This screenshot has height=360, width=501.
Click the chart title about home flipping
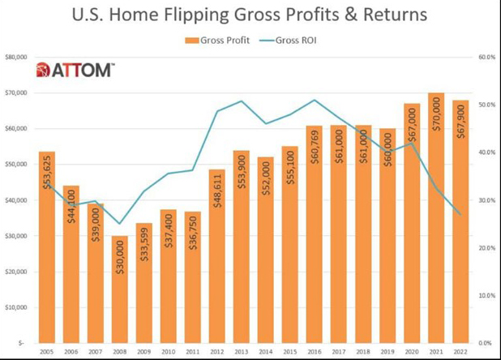[x=250, y=15]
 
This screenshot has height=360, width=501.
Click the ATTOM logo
[x=75, y=71]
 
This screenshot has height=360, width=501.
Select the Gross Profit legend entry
[x=219, y=39]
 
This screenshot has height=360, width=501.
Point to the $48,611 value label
[x=217, y=212]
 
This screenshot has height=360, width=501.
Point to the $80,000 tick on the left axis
[x=17, y=58]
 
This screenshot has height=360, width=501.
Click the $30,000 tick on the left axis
[x=17, y=236]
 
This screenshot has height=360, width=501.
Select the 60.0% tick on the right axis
[x=486, y=58]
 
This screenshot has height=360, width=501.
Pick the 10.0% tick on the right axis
[x=486, y=295]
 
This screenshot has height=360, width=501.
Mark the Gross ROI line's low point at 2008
[x=119, y=224]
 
